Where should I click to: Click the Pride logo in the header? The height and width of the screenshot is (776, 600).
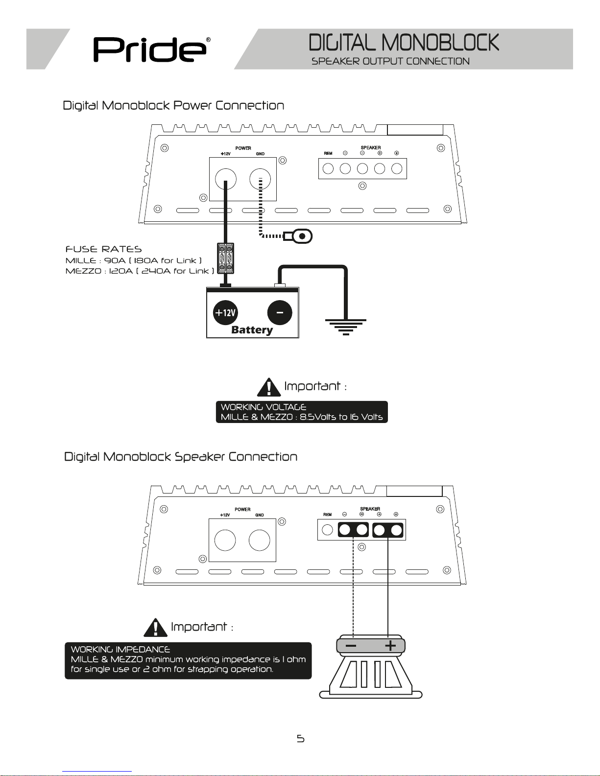click(149, 49)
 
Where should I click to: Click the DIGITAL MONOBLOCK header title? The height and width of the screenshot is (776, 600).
click(404, 43)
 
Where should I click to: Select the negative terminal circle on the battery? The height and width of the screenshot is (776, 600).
click(280, 313)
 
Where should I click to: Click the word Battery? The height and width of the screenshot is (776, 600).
click(252, 330)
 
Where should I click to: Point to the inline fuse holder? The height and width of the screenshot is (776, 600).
click(226, 258)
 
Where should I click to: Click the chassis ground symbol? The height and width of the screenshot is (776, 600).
click(346, 326)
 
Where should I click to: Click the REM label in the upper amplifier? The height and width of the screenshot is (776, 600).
click(328, 154)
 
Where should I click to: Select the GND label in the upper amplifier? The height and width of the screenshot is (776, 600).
click(260, 154)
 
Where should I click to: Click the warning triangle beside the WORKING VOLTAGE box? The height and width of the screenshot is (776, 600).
click(268, 387)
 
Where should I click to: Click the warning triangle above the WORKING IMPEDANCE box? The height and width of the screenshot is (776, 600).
click(155, 627)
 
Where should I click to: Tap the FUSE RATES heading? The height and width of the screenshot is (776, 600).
click(103, 250)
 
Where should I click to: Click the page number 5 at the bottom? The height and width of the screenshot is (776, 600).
click(300, 738)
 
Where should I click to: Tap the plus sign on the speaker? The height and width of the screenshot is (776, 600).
click(390, 646)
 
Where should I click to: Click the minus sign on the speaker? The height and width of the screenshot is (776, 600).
click(351, 646)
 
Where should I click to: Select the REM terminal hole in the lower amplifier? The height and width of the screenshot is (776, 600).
click(328, 530)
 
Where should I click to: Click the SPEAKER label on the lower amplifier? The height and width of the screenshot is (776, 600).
click(370, 509)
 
